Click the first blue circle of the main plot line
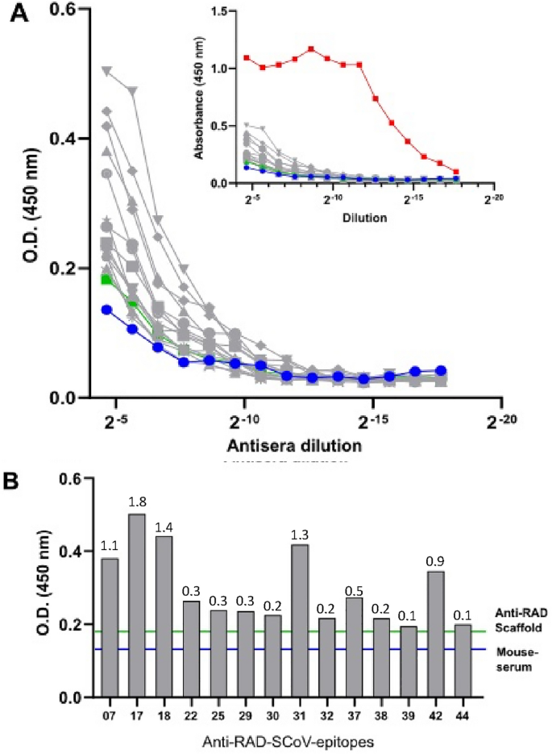(106, 310)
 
